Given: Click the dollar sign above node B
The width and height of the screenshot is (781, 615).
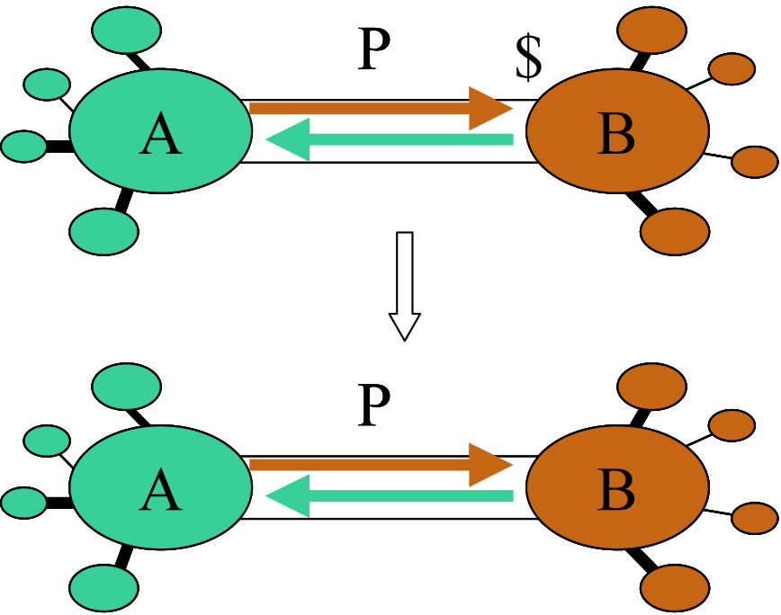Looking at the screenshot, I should coord(529,59).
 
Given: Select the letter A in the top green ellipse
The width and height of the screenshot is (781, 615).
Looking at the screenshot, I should coord(160,136).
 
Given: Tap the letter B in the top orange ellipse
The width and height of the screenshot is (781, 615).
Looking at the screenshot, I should coord(615,136).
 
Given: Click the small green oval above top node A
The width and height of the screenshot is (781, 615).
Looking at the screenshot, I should coord(127,29).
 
